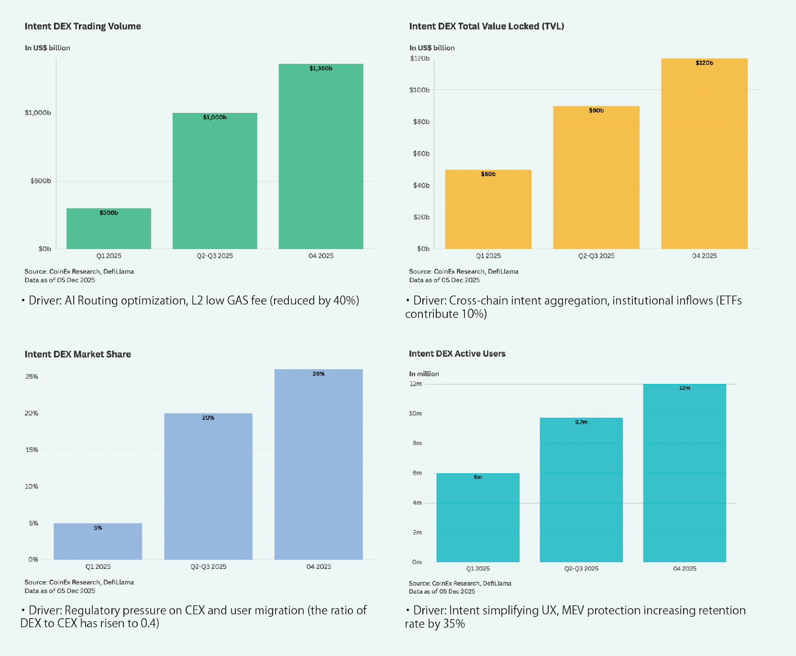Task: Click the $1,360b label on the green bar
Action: [x=320, y=68]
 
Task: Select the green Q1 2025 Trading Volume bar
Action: [x=108, y=231]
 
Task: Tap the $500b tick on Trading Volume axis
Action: [x=40, y=181]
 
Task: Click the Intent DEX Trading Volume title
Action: [x=83, y=26]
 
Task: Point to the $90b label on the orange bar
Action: [x=596, y=110]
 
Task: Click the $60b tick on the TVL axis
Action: [x=421, y=154]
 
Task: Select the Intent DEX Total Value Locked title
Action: [x=486, y=26]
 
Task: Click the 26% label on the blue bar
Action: [x=318, y=374]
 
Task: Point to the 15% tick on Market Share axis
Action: [x=31, y=450]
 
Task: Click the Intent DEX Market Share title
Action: [x=78, y=354]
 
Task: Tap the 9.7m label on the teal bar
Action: [x=581, y=422]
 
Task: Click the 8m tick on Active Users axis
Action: [x=417, y=443]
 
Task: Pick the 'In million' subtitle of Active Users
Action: [x=424, y=374]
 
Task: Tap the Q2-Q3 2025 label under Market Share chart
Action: [x=208, y=566]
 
